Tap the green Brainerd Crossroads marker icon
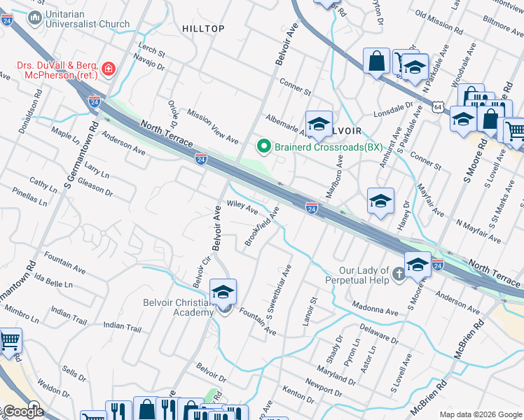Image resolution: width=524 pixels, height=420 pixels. pyautogui.click(x=264, y=146)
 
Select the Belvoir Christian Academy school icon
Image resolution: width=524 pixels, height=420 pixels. pyautogui.click(x=223, y=293)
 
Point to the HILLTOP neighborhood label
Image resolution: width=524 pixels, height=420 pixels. pyautogui.click(x=203, y=29)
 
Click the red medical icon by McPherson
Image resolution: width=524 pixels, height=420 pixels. pyautogui.click(x=109, y=69)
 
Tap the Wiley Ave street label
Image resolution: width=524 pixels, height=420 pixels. pyautogui.click(x=242, y=208)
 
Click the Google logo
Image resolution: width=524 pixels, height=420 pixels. pyautogui.click(x=23, y=412)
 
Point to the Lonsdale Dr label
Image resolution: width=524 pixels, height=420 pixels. pyautogui.click(x=394, y=111)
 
